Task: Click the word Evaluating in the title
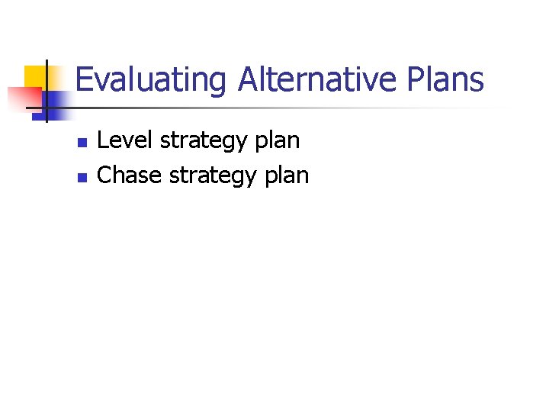click(151, 80)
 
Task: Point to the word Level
click(125, 140)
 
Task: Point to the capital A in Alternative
click(247, 79)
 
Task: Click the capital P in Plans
click(417, 79)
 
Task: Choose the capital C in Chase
click(106, 175)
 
